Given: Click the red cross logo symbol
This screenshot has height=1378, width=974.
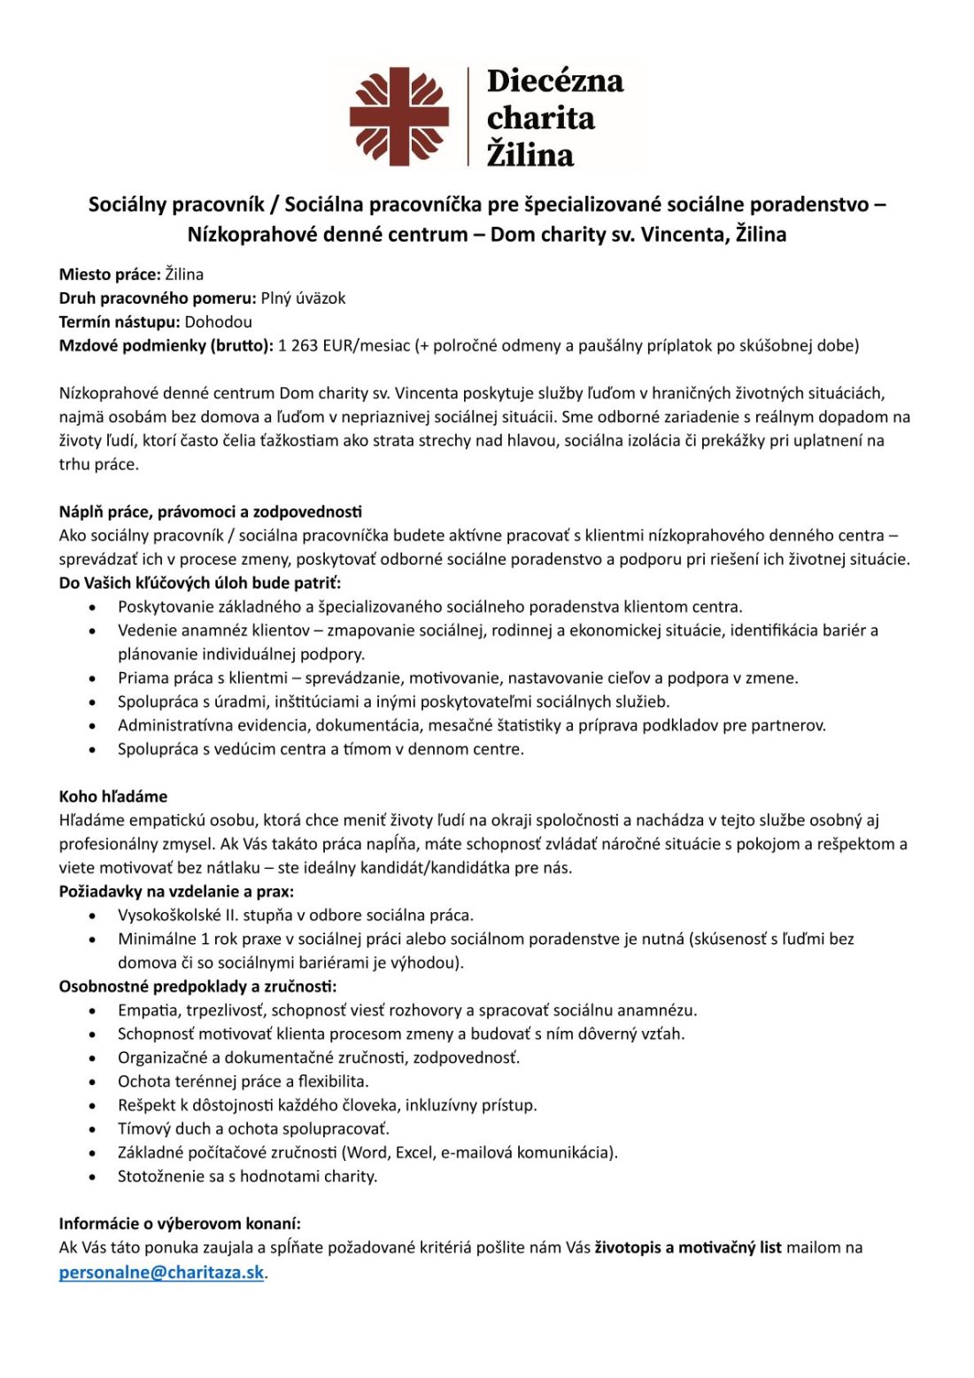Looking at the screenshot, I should (399, 116).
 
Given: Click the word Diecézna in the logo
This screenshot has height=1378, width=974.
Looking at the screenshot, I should (554, 81).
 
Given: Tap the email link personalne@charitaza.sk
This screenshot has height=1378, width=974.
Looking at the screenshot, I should (162, 1273).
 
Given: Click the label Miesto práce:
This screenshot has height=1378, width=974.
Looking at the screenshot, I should (110, 275).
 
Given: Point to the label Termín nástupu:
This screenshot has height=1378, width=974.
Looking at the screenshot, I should (120, 322).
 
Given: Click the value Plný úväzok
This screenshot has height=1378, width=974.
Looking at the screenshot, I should (303, 298).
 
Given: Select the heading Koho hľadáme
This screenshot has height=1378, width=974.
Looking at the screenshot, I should (113, 796).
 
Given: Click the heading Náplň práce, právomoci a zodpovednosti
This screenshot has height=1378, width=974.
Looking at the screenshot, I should (211, 512).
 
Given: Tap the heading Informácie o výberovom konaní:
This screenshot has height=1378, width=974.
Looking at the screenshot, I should (180, 1224).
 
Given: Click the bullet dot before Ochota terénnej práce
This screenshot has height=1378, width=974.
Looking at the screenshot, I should (93, 1082).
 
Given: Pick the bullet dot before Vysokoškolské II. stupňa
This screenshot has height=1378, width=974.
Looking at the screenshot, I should (93, 916).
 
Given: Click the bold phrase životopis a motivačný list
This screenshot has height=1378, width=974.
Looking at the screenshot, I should (688, 1248).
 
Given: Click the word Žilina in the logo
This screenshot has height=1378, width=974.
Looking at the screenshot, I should (530, 155).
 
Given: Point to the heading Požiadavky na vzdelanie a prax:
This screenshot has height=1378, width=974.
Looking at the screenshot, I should (176, 891).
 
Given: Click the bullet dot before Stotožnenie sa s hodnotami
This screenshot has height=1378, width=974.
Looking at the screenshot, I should (93, 1177).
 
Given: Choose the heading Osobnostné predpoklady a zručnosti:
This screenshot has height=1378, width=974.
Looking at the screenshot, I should (197, 986).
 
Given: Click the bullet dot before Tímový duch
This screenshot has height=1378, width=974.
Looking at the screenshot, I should (93, 1129).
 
